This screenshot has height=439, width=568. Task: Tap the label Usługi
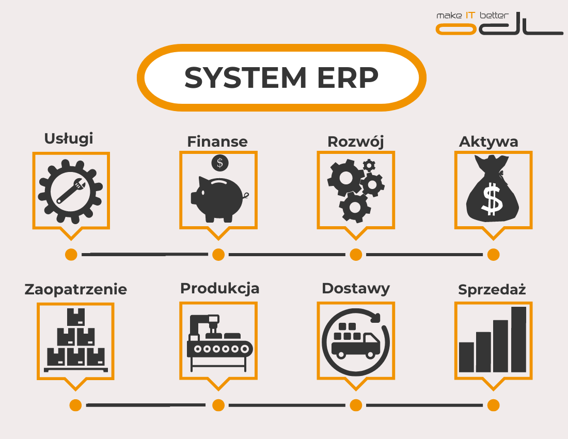point(69,138)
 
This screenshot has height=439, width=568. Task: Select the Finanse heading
point(217,141)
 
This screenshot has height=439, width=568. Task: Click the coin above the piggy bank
point(220,163)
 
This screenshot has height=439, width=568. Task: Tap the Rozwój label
point(356,141)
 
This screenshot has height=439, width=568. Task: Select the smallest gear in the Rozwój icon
point(369,165)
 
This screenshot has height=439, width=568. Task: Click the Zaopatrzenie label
point(76,289)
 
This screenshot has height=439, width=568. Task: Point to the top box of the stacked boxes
point(76,317)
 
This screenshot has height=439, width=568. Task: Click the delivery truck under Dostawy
point(355,343)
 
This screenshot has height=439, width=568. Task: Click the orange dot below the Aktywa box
point(493,255)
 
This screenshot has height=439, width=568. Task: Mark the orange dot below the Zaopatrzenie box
point(76,405)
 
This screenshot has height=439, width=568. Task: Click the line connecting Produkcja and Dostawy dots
point(287,405)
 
